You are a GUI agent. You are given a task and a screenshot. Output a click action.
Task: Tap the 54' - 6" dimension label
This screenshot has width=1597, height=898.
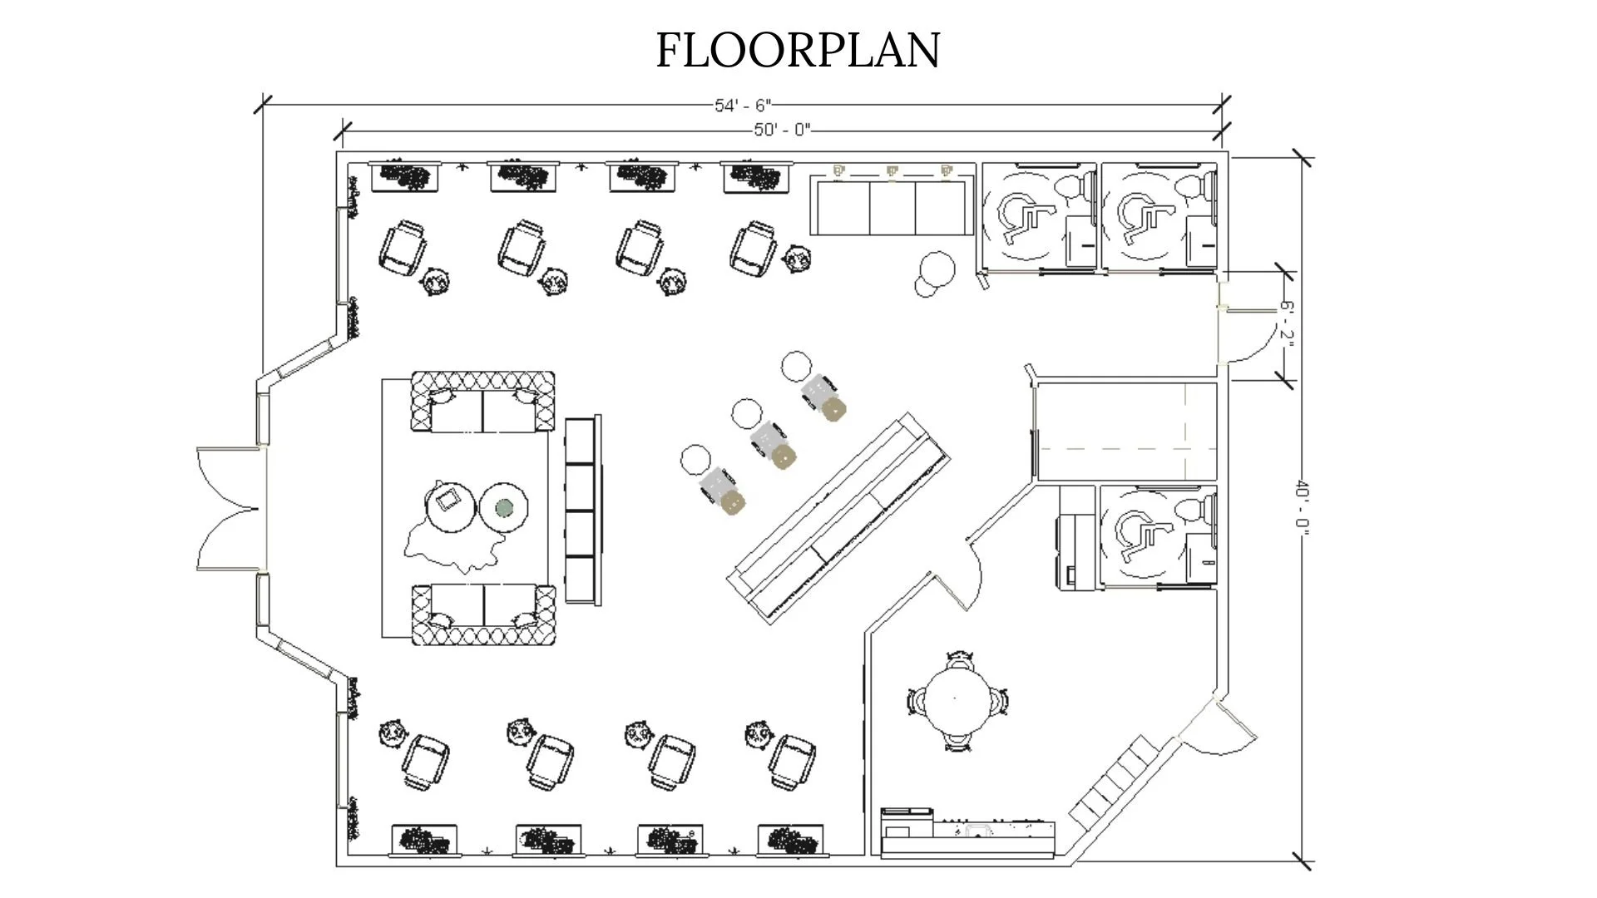tap(744, 106)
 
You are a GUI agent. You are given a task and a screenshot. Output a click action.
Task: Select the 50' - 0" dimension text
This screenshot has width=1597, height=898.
tap(782, 130)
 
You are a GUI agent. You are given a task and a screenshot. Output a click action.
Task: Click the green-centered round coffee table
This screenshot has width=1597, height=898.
tap(504, 506)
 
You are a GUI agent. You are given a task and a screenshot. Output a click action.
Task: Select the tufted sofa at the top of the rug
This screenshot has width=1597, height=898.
tap(483, 402)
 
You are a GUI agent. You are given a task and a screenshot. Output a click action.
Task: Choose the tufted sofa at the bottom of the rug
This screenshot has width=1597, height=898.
tap(483, 614)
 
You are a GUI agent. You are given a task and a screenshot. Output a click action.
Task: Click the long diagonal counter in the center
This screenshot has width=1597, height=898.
tap(838, 516)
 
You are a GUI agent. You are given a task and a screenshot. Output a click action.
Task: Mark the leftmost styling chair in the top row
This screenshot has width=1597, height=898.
tap(403, 248)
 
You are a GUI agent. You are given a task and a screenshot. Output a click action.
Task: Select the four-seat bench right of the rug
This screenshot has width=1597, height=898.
tap(582, 510)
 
